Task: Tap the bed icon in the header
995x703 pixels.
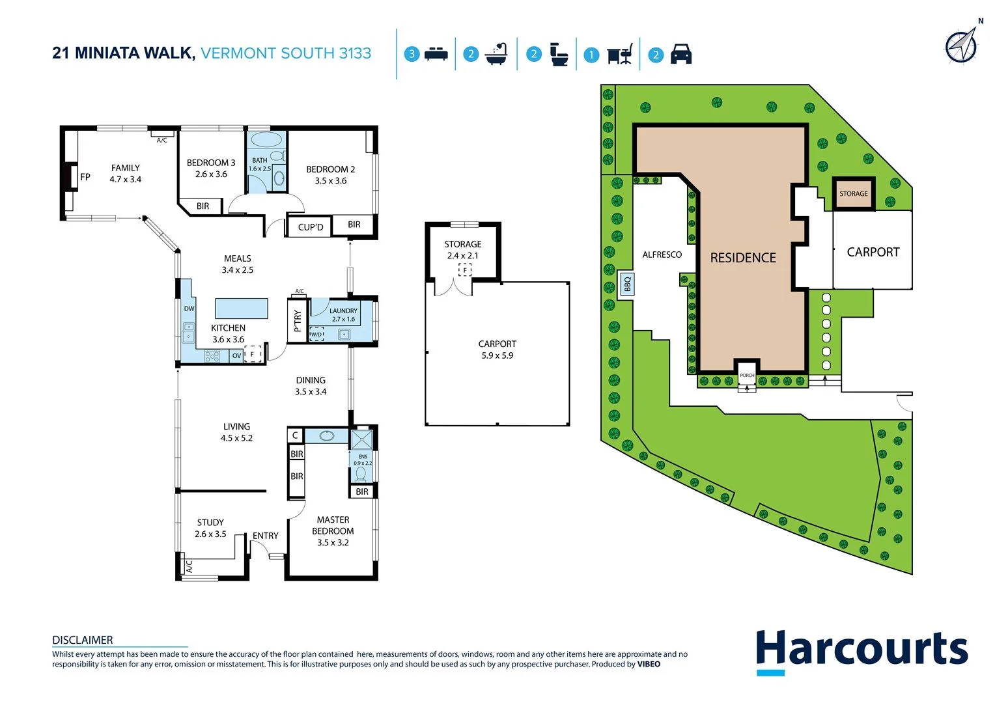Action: pyautogui.click(x=436, y=54)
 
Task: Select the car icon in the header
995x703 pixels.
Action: pyautogui.click(x=680, y=54)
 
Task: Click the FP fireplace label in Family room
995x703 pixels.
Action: pyautogui.click(x=85, y=177)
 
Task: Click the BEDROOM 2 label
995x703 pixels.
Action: pyautogui.click(x=331, y=169)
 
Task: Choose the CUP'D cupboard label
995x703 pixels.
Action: pyautogui.click(x=310, y=227)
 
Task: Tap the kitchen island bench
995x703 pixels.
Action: pyautogui.click(x=241, y=308)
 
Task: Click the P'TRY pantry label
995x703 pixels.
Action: pyautogui.click(x=298, y=320)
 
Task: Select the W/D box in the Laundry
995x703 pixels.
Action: pyautogui.click(x=316, y=334)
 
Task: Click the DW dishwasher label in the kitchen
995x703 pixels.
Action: pyautogui.click(x=189, y=309)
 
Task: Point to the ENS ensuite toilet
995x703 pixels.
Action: pyautogui.click(x=361, y=473)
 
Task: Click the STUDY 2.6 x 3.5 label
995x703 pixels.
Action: pyautogui.click(x=210, y=528)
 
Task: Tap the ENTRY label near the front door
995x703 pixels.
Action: pyautogui.click(x=265, y=536)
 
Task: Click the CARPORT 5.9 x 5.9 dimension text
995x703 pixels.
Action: pyautogui.click(x=497, y=355)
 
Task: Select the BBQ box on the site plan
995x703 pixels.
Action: pyautogui.click(x=627, y=284)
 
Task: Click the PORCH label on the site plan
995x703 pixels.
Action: pyautogui.click(x=747, y=376)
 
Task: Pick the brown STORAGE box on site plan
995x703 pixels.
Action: pyautogui.click(x=853, y=193)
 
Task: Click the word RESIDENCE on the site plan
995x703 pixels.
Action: pyautogui.click(x=743, y=258)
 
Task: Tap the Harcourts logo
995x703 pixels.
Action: pyautogui.click(x=862, y=651)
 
